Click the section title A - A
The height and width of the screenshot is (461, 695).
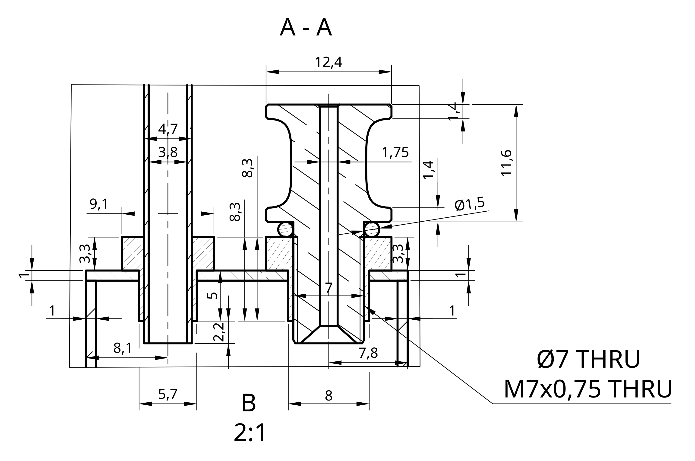(306, 28)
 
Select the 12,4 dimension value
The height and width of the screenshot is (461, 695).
(328, 62)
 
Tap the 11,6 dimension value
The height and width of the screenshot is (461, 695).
(506, 163)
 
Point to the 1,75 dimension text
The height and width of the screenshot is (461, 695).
(395, 152)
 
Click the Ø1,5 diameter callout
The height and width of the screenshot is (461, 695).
(469, 204)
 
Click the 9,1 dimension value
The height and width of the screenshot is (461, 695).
(99, 204)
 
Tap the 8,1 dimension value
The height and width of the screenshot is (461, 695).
(122, 348)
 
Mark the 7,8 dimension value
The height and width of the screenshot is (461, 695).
(368, 353)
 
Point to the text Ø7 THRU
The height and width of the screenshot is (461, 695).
(588, 359)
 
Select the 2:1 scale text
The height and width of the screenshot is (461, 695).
(249, 433)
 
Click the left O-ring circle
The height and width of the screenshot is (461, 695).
(286, 229)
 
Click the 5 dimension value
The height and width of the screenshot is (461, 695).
(212, 295)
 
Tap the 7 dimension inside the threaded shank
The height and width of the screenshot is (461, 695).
(329, 288)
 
